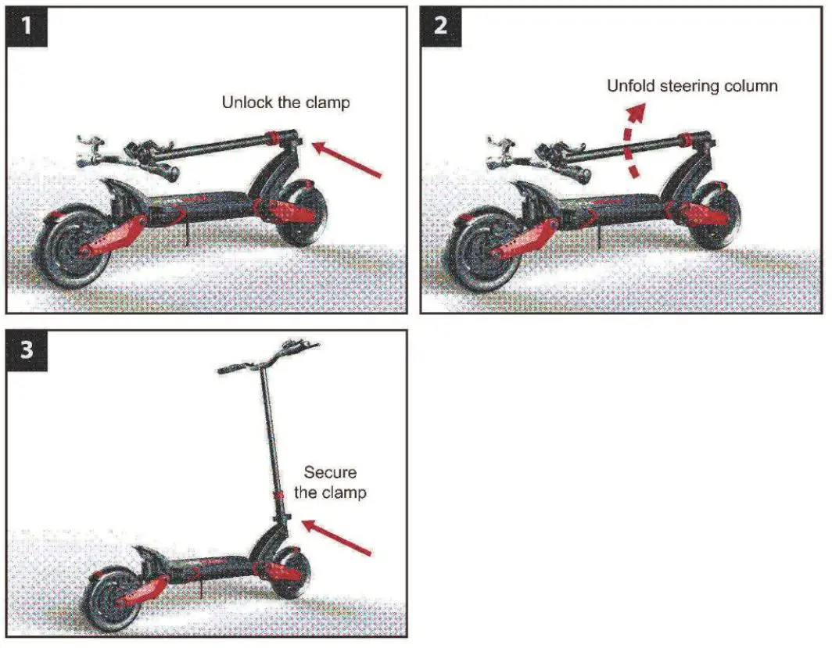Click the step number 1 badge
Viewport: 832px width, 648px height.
tap(27, 27)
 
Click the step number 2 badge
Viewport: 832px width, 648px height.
tap(441, 27)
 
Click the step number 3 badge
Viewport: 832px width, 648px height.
tap(27, 349)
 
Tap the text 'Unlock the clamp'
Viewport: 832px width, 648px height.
tap(285, 102)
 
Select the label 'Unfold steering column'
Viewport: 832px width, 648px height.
tap(692, 85)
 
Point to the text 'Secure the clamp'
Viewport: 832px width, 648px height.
tap(330, 482)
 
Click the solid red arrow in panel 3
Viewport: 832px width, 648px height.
tap(336, 538)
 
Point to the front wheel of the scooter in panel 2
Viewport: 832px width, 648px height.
tap(715, 216)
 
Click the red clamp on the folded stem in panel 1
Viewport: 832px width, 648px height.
tap(275, 138)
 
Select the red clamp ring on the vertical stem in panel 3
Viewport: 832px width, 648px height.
tap(278, 496)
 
